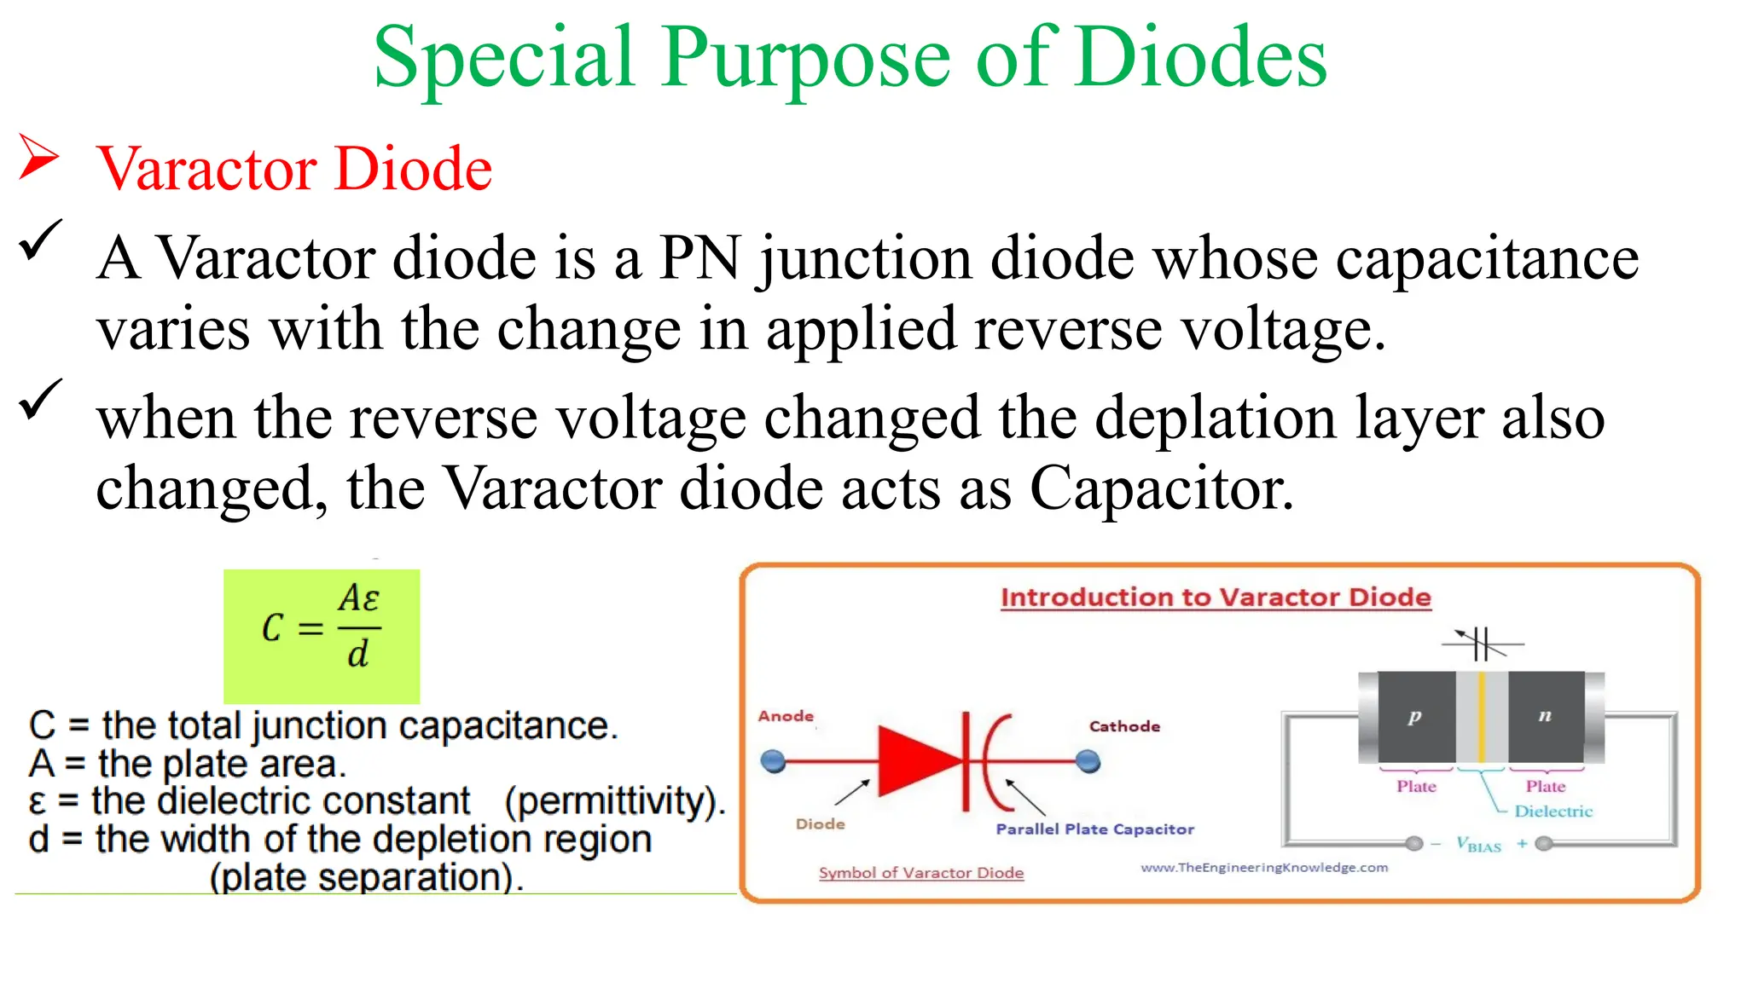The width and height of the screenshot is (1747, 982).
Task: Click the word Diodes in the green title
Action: [1201, 58]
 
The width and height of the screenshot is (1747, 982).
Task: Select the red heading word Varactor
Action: [206, 169]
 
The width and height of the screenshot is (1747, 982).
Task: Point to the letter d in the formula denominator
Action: [357, 655]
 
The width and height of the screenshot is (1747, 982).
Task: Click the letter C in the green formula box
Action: [272, 629]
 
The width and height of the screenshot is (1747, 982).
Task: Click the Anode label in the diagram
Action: [786, 716]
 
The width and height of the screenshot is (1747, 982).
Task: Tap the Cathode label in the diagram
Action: [1124, 726]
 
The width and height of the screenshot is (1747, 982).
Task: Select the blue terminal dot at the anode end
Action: [773, 760]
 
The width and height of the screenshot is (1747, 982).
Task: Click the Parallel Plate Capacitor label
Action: [1094, 829]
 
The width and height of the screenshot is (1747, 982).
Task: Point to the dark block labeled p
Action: [1414, 717]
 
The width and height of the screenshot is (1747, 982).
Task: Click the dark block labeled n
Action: [1545, 717]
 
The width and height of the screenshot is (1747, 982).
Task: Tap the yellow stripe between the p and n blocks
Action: [1482, 717]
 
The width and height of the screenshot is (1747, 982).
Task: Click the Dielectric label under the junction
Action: [1553, 812]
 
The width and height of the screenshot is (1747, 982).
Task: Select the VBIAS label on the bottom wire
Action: [1478, 845]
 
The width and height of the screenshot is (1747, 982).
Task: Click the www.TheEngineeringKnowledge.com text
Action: [1264, 868]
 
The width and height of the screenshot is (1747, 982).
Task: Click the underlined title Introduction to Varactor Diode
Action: [1216, 598]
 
